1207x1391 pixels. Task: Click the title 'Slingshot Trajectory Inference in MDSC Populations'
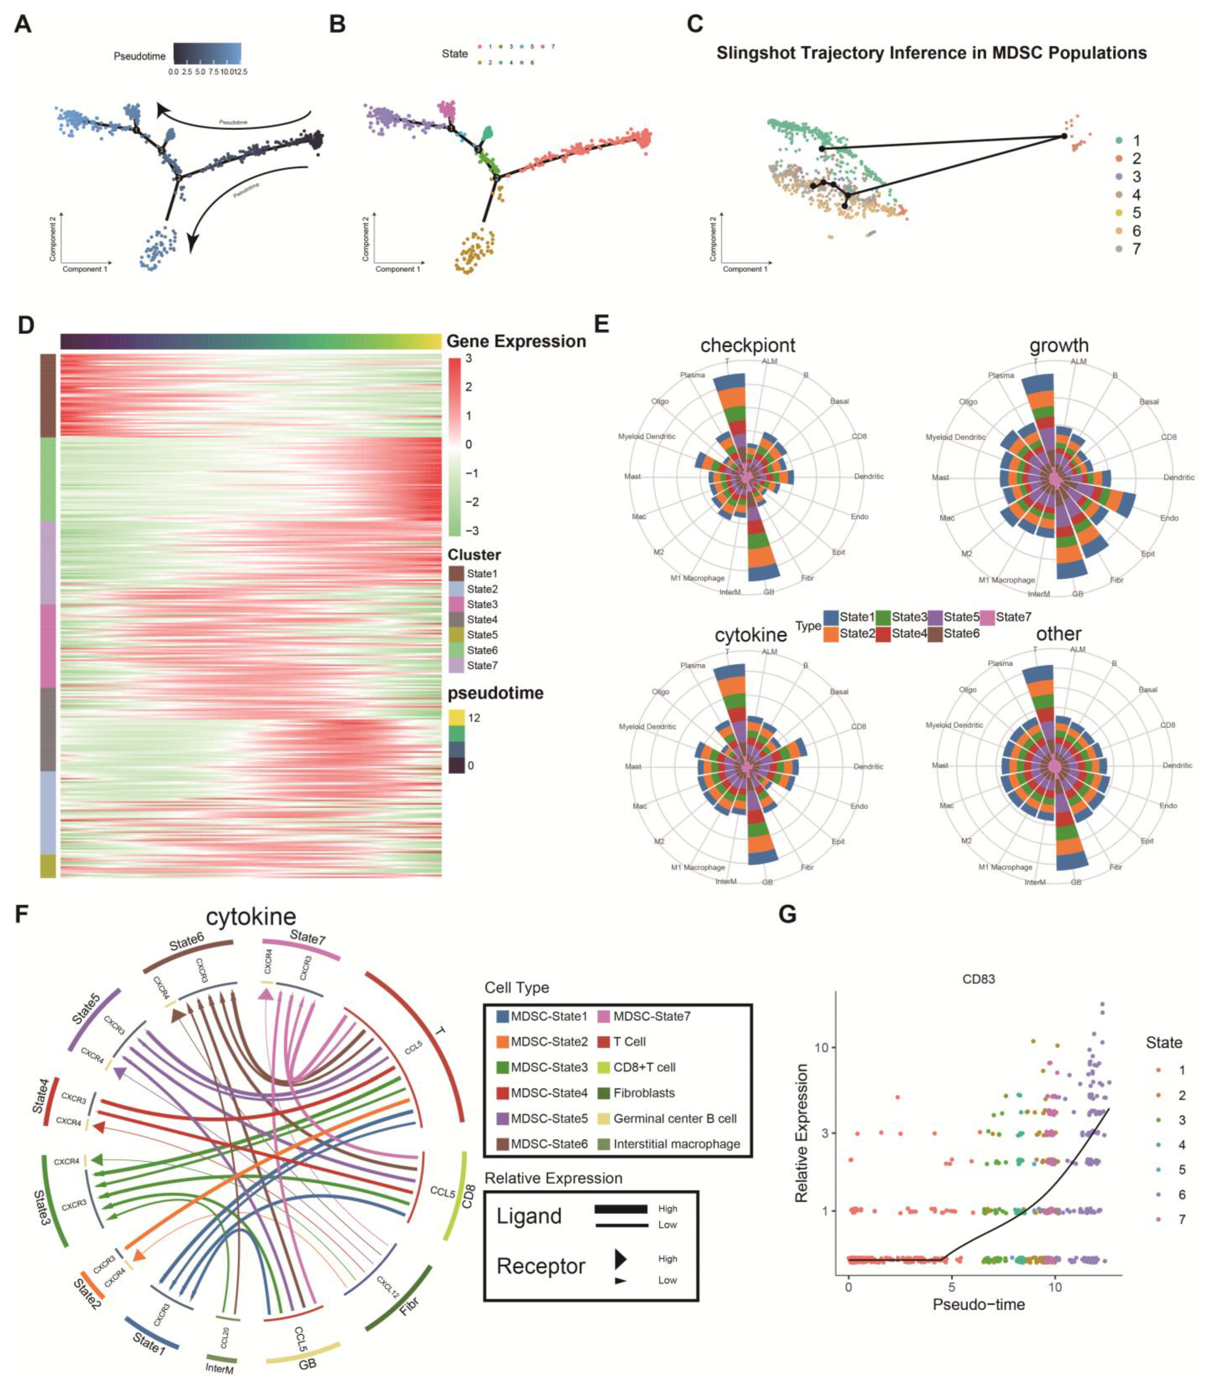click(x=931, y=53)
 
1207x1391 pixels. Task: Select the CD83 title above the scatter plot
click(x=978, y=979)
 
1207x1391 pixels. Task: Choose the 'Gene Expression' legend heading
click(x=516, y=341)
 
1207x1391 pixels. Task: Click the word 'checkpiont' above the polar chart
click(x=747, y=345)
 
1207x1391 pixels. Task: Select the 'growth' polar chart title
click(x=1059, y=345)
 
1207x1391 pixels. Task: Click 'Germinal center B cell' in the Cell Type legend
click(x=675, y=1118)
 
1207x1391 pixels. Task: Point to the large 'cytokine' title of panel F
click(x=251, y=917)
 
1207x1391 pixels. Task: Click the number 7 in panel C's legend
click(x=1136, y=249)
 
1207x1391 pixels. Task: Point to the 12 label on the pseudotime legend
click(x=474, y=718)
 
